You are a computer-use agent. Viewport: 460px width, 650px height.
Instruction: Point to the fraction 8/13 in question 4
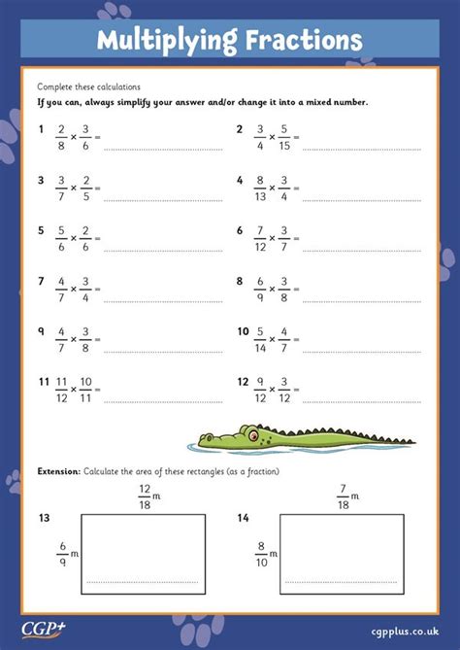pyautogui.click(x=261, y=188)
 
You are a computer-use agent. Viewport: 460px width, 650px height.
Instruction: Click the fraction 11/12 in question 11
pyautogui.click(x=62, y=391)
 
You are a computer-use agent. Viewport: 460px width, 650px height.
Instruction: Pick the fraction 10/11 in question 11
pyautogui.click(x=86, y=391)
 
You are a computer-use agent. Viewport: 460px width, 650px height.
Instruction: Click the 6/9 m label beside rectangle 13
pyautogui.click(x=66, y=553)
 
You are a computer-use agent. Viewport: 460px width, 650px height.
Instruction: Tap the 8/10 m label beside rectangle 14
pyautogui.click(x=266, y=553)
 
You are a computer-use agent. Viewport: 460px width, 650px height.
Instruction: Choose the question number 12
pyautogui.click(x=243, y=382)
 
